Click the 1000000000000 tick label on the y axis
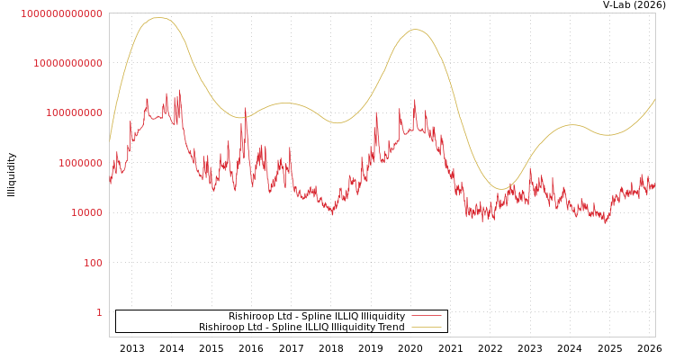(x=61, y=13)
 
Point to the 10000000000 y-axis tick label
(x=67, y=63)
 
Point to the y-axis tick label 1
(x=99, y=312)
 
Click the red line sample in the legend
(x=426, y=316)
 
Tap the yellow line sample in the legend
(x=426, y=327)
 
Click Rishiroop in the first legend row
(x=250, y=316)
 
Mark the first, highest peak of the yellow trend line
(x=159, y=18)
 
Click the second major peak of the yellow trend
(x=415, y=30)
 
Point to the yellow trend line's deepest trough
(x=502, y=189)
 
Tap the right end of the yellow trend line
(x=654, y=99)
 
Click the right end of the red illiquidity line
(x=654, y=184)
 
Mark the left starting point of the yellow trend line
(x=110, y=140)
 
